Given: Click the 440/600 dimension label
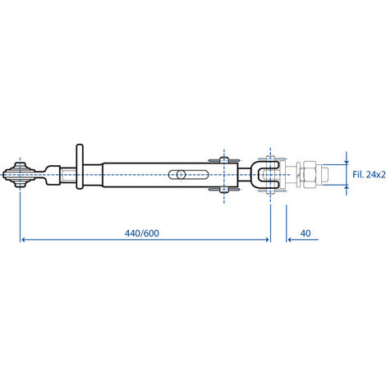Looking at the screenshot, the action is pos(141,233).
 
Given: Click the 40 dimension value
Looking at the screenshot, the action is pos(306,233).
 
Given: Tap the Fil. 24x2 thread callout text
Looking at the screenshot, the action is pos(369,174).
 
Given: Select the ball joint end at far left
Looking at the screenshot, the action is pos(20,175).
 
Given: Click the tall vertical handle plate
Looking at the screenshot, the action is pos(80,167).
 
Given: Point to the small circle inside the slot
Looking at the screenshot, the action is pos(180,174).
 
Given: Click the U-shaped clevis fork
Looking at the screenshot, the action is pos(268,175).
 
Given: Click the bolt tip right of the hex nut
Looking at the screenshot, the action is pos(325,175).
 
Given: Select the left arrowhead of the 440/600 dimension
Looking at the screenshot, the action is pos(24,240).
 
